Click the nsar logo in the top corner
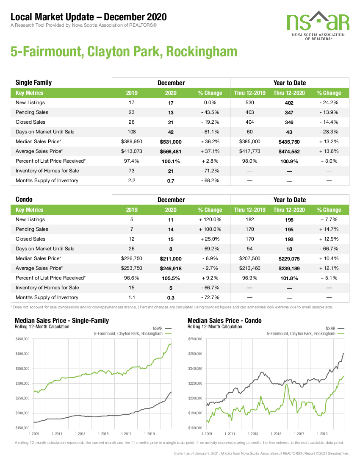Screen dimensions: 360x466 tap(318, 25)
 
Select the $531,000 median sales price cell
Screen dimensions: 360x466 tap(171, 142)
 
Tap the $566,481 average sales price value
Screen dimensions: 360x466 tap(171, 152)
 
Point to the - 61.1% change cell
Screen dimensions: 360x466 tap(210, 132)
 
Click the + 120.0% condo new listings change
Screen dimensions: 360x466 tap(210, 219)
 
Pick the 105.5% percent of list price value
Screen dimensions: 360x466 tap(171, 278)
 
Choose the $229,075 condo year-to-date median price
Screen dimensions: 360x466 tap(289, 258)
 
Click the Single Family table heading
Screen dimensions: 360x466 tap(33, 82)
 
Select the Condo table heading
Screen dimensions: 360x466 tap(24, 200)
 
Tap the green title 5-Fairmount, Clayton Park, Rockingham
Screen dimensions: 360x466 tap(124, 51)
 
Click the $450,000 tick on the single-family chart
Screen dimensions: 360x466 tap(22, 339)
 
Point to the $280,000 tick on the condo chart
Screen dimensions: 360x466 tap(195, 339)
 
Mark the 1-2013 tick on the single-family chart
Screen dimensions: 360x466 tap(80, 434)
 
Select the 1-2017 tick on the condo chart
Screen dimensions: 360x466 tap(299, 434)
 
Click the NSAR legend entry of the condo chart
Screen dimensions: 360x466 tap(335, 328)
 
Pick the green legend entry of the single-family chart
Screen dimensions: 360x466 tap(133, 334)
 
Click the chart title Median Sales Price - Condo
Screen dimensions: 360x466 tap(224, 320)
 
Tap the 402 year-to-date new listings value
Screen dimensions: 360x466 tap(289, 103)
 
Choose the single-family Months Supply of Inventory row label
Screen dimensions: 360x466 tap(47, 180)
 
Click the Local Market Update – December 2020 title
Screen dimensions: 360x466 tap(89, 17)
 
